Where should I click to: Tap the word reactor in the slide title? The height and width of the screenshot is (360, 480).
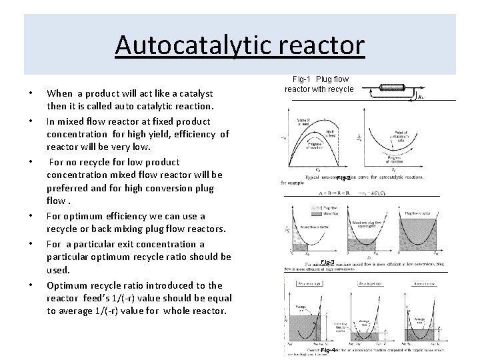[324, 45]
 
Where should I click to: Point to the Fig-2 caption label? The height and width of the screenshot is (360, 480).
[344, 178]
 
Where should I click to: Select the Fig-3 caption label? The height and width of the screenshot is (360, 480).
[327, 261]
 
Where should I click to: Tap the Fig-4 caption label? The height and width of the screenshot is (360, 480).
[327, 350]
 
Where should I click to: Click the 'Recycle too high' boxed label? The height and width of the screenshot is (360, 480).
[308, 284]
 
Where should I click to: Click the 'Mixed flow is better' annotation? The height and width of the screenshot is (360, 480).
[313, 227]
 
